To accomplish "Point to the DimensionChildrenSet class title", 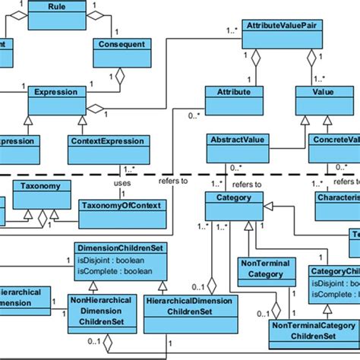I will point(120,248).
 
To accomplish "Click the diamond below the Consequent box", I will point(120,76).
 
